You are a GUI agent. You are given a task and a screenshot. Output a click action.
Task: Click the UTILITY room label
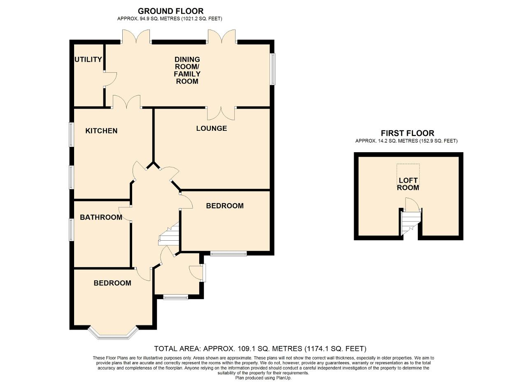coord(88,60)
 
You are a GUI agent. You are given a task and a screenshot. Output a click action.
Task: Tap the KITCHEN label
coord(101,131)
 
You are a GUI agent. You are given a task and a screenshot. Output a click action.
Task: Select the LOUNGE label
coord(211,128)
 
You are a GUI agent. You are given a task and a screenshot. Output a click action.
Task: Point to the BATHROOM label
coord(101,217)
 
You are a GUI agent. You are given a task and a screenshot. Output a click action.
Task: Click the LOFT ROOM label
coord(408,184)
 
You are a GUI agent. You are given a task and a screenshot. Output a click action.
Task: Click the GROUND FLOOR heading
coord(170,11)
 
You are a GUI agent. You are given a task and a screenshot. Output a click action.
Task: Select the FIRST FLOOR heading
coord(407,133)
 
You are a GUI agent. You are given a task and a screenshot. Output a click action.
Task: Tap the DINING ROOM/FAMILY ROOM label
coord(187,70)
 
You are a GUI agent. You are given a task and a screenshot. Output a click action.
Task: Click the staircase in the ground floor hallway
coord(169,235)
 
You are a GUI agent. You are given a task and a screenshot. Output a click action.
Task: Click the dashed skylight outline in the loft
coord(408,170)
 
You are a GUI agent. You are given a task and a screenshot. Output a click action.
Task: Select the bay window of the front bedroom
coord(113,334)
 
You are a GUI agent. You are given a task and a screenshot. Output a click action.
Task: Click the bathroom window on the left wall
coord(71,230)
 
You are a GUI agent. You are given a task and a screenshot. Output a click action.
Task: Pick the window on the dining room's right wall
coord(273,69)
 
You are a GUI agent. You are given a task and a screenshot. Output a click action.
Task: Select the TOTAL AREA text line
coord(260,349)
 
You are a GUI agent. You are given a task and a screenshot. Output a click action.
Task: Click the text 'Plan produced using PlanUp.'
coord(263,378)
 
